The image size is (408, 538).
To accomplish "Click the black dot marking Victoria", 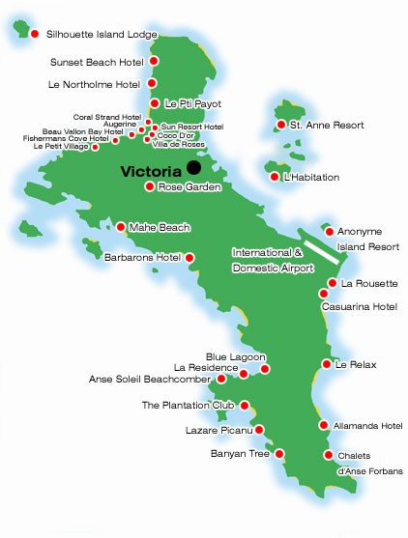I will pyautogui.click(x=195, y=169).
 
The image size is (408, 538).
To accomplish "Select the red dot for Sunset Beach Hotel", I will pyautogui.click(x=153, y=62).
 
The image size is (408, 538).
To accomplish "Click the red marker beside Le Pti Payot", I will pyautogui.click(x=155, y=102).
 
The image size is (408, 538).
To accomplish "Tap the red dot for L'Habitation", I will pyautogui.click(x=275, y=176).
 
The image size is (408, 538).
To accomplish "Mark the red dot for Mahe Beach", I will pyautogui.click(x=120, y=228).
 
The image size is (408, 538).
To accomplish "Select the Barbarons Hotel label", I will pyautogui.click(x=142, y=258).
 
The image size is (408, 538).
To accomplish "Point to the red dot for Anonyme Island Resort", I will pyautogui.click(x=329, y=231).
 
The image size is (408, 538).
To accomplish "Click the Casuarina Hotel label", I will pyautogui.click(x=359, y=306).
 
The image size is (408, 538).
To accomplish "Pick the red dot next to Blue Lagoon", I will pyautogui.click(x=265, y=369).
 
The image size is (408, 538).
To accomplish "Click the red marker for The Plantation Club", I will pyautogui.click(x=244, y=406).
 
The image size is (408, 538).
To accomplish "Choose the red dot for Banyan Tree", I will pyautogui.click(x=279, y=453).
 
